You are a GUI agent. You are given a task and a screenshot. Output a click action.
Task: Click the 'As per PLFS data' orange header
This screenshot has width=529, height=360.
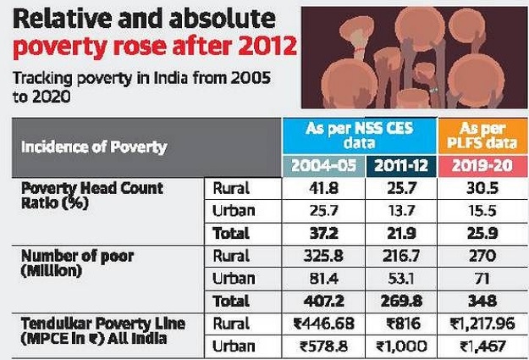click(482, 133)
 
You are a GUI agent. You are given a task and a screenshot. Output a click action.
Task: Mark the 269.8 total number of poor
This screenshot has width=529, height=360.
click(401, 299)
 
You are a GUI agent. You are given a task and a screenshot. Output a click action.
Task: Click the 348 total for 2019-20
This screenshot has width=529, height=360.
click(482, 299)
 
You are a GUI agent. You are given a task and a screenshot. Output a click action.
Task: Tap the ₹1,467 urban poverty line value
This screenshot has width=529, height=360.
click(482, 345)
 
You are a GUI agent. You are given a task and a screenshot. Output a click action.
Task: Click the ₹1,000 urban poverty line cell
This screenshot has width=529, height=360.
click(401, 345)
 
